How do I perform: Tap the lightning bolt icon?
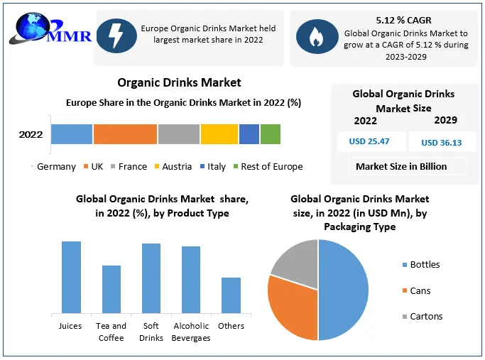pos(116,35)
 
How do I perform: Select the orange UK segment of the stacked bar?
pos(125,134)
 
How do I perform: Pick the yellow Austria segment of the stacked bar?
pos(219,134)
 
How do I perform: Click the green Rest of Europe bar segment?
pos(270,134)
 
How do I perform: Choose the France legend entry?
pos(128,167)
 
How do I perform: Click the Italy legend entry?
pos(212,167)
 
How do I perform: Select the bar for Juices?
pos(71,277)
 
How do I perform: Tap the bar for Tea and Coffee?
pos(111,289)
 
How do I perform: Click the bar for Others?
pos(231,295)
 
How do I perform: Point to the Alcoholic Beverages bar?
pos(191,279)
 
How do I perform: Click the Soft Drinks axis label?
pos(151,332)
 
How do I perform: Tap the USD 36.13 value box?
pos(441,142)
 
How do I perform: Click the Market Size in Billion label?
pos(401,166)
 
